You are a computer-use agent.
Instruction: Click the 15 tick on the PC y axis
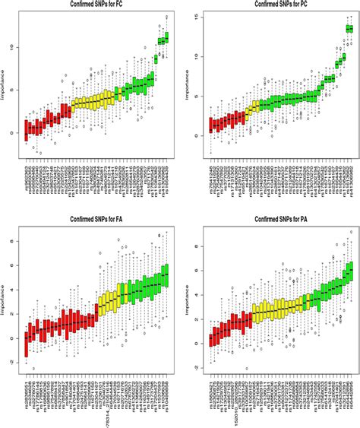click(194, 15)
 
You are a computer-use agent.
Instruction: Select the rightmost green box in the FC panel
click(166, 36)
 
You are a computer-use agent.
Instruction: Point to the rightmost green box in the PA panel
click(350, 271)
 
